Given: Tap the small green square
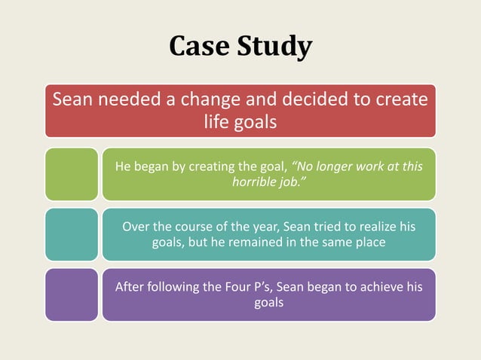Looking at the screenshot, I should [71, 174].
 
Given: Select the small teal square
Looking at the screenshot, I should [71, 234].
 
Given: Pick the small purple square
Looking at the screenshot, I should [71, 294].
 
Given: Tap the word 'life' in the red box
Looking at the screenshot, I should [219, 121].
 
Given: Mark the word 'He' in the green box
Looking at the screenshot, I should [122, 166].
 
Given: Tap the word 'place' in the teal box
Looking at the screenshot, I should [368, 243].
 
